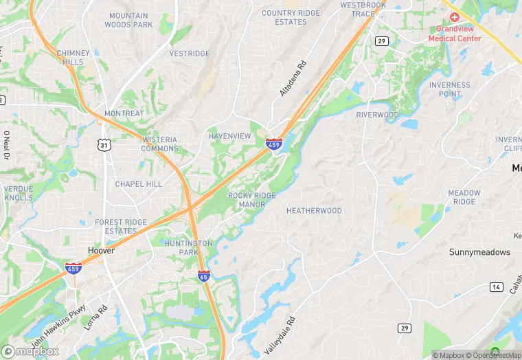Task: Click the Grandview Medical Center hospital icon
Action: (455, 16)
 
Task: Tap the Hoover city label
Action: (101, 251)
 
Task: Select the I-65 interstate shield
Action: (204, 275)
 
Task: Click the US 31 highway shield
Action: (104, 145)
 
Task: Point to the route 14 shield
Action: (496, 286)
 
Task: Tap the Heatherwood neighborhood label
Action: (314, 211)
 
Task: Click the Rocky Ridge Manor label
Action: (252, 200)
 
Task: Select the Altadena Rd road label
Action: (291, 79)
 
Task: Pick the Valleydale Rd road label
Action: (279, 335)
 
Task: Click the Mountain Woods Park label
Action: (128, 21)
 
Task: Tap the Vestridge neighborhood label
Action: (190, 54)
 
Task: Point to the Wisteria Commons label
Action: (159, 144)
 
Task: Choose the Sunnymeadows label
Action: (480, 252)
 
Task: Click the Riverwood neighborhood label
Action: (377, 115)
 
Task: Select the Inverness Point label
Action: (450, 89)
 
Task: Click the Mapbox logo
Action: (30, 350)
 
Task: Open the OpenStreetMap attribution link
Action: (494, 355)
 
